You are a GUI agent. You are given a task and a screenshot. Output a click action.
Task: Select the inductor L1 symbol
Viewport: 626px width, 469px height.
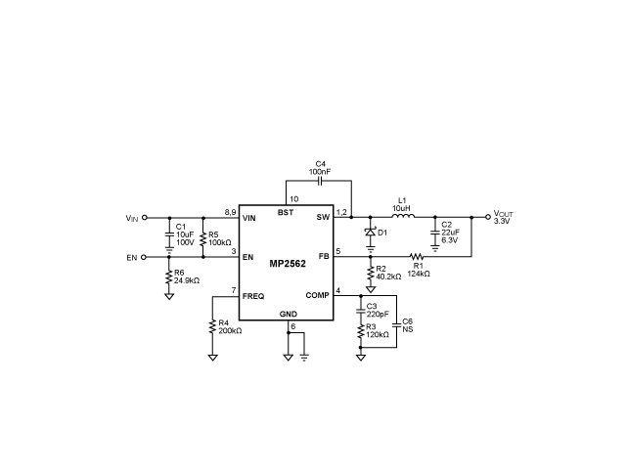coord(401,218)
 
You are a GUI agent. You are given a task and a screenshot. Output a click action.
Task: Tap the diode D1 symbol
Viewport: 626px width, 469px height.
coord(370,233)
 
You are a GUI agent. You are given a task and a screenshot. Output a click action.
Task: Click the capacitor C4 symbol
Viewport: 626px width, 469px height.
coord(319,181)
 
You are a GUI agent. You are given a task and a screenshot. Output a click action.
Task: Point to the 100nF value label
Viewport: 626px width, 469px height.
coord(319,171)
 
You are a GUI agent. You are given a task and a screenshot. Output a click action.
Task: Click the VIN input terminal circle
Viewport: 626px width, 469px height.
coord(146,218)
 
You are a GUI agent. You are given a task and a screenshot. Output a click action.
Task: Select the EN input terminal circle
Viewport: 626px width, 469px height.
coord(146,258)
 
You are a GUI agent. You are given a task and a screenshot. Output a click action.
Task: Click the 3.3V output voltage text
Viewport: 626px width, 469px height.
coord(502,222)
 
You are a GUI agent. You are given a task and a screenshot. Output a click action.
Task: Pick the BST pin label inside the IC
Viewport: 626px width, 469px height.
coord(286,213)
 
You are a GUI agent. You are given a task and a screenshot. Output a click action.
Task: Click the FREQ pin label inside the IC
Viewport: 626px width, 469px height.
coord(253,295)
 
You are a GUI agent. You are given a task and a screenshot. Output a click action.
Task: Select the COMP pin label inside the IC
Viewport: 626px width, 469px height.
coord(318,295)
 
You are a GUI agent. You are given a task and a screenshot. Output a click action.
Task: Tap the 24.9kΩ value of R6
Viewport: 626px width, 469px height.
coord(187,280)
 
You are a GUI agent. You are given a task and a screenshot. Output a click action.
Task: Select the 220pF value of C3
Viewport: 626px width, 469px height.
coord(377,315)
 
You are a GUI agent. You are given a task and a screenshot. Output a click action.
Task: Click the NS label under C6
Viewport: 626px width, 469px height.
coord(407,329)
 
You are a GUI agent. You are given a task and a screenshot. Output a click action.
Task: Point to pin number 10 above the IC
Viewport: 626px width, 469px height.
coord(294,199)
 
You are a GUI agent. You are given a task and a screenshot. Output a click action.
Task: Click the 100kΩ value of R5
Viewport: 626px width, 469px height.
coord(219,242)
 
